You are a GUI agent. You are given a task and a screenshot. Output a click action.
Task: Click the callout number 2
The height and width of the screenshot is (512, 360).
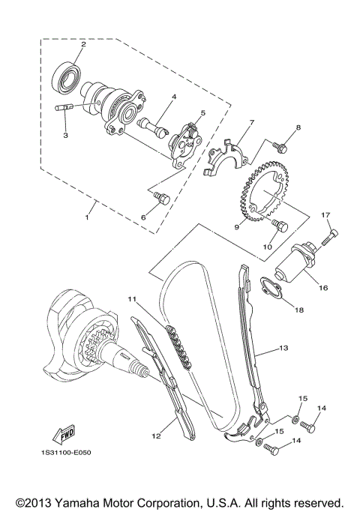click(x=83, y=45)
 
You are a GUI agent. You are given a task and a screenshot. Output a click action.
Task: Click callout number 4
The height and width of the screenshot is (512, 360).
click(x=173, y=97)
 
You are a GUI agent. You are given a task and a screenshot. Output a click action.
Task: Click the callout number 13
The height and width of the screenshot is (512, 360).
click(x=283, y=349)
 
